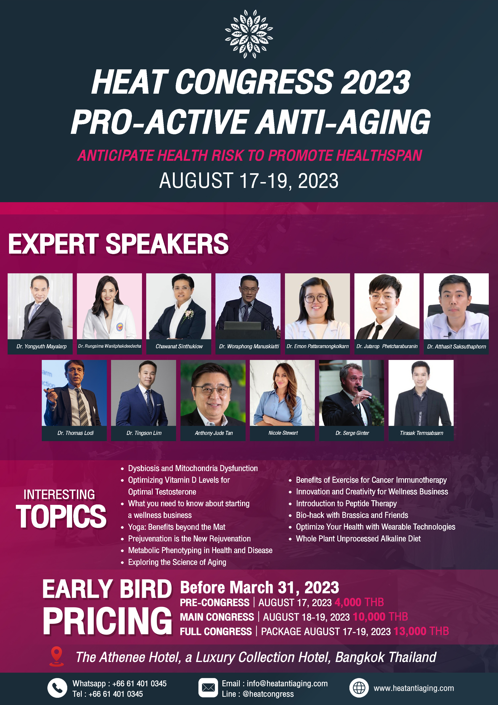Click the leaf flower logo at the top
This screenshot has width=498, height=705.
point(249,34)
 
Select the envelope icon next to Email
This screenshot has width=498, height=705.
point(208,688)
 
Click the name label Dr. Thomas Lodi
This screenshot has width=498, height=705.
point(76,433)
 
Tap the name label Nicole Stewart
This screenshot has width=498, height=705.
point(283,433)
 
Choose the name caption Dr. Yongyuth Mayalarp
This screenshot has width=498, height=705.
point(41,346)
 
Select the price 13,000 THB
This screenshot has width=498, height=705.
point(421,631)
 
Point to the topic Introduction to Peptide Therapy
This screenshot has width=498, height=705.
point(346,504)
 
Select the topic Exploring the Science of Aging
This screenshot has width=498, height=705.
point(177,562)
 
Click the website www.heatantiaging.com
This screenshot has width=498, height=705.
point(414,688)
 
